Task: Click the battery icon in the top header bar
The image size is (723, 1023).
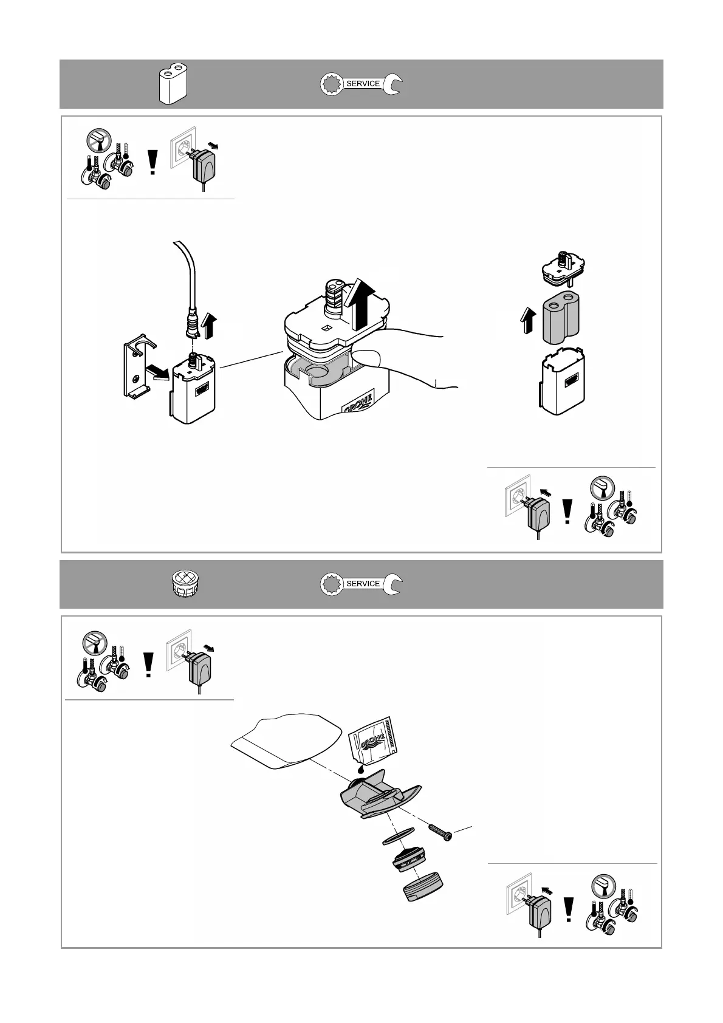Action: [172, 84]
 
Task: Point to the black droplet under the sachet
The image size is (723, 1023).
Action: [362, 768]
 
